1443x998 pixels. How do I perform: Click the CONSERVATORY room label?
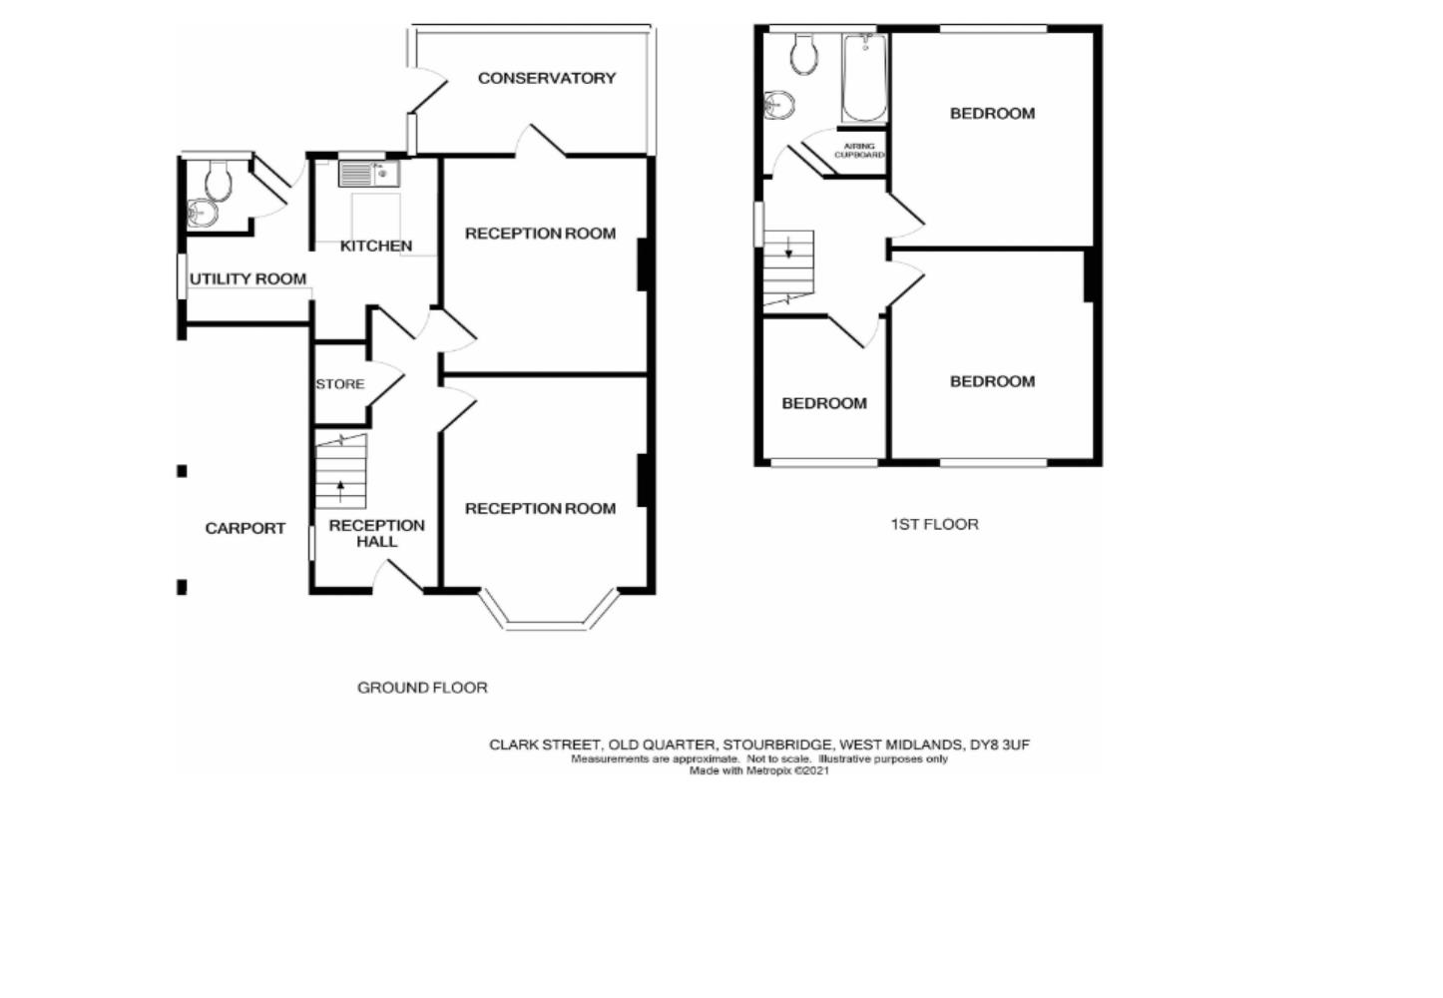pyautogui.click(x=547, y=78)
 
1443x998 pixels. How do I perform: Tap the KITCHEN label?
pyautogui.click(x=376, y=247)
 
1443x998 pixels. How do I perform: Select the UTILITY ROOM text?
pyautogui.click(x=248, y=279)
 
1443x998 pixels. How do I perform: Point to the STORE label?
pyautogui.click(x=340, y=384)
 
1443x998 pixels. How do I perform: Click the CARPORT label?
pyautogui.click(x=245, y=528)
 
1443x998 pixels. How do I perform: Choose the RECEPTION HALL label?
pyautogui.click(x=377, y=534)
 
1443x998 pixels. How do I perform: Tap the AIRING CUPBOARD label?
pyautogui.click(x=859, y=151)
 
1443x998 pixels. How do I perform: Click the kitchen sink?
pyautogui.click(x=369, y=174)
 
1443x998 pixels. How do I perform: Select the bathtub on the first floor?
pyautogui.click(x=864, y=77)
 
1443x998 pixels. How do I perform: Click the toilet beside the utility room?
pyautogui.click(x=219, y=181)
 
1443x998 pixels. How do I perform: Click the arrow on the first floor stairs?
pyautogui.click(x=788, y=247)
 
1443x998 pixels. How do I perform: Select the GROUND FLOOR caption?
pyautogui.click(x=422, y=688)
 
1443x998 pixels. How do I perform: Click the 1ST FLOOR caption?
pyautogui.click(x=935, y=525)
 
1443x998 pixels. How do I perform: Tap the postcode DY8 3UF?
pyautogui.click(x=1000, y=745)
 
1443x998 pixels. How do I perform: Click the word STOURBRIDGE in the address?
pyautogui.click(x=778, y=745)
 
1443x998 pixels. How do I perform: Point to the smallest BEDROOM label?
pyautogui.click(x=824, y=403)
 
